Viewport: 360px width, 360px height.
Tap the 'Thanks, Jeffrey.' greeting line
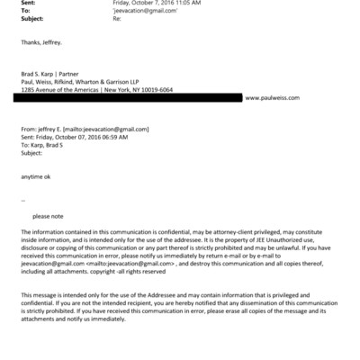pos(42,42)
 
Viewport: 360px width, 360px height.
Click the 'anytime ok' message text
pos(38,176)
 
